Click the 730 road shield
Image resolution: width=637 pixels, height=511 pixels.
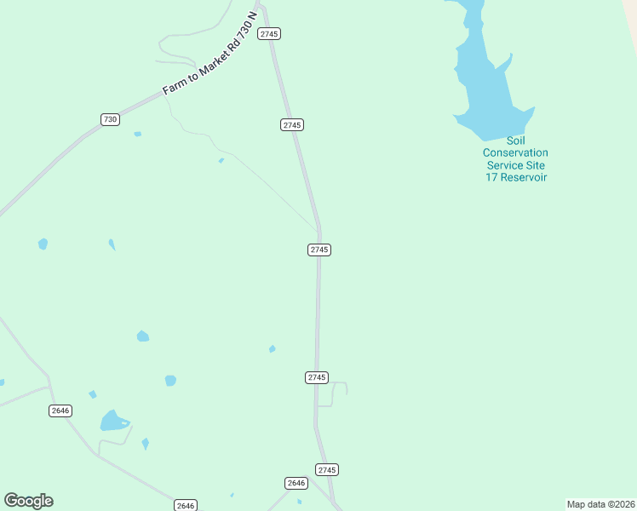[x=110, y=119]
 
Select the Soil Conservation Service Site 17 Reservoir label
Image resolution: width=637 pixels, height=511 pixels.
[x=515, y=158]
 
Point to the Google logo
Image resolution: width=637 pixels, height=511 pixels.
[x=29, y=501]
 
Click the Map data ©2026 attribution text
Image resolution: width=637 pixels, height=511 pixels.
[x=600, y=504]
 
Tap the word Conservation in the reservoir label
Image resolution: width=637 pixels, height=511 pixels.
[x=515, y=152]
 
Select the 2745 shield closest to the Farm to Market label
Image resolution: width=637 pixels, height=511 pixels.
[x=270, y=33]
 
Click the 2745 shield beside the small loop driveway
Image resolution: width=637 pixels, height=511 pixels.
[x=317, y=377]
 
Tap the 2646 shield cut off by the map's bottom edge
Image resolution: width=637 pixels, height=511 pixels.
[x=186, y=505]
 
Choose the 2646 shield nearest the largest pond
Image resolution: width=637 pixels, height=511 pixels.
[x=60, y=411]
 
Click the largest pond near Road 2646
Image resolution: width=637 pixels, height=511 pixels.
[x=112, y=421]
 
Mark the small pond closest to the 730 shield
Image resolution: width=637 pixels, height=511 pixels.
[x=137, y=134]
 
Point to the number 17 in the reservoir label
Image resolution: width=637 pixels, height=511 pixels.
[x=492, y=177]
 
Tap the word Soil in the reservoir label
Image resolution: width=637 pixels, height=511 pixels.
[x=515, y=141]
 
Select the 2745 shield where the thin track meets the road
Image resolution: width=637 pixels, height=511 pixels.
[x=319, y=250]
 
